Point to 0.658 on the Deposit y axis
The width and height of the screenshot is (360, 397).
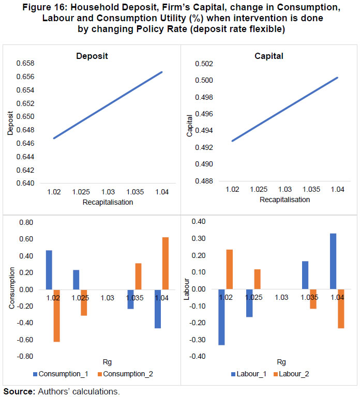(24, 64)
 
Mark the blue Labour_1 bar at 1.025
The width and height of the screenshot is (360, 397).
(249, 302)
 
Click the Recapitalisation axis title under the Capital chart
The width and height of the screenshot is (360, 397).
(285, 200)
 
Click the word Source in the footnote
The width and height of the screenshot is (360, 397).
(19, 391)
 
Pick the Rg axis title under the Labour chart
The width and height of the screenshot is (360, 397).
(281, 362)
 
